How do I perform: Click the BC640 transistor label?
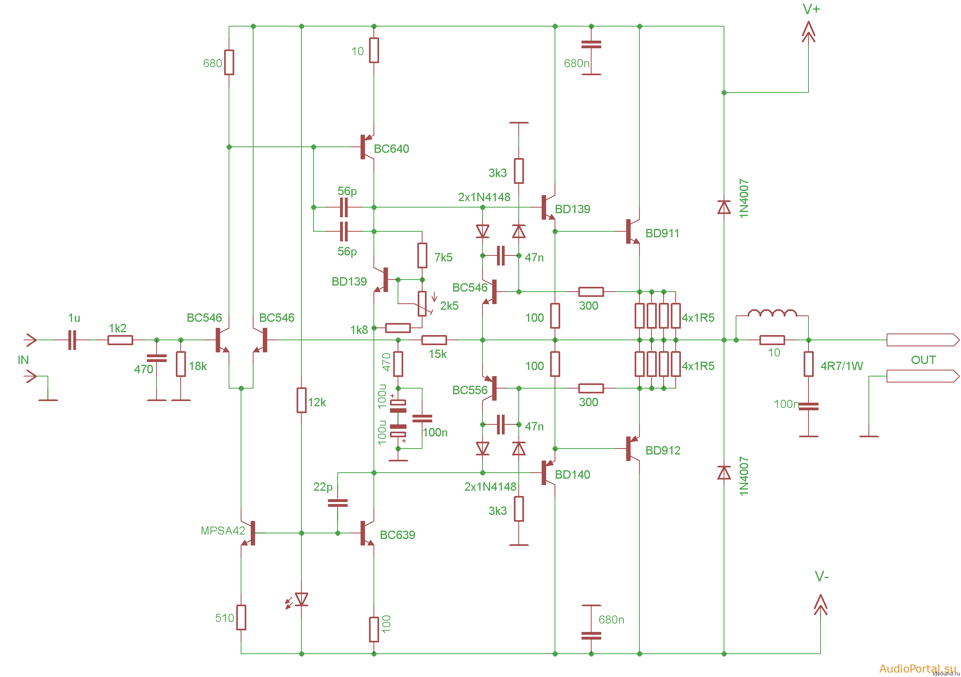(x=391, y=148)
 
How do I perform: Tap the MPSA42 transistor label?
(x=223, y=531)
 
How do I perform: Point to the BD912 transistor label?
(x=662, y=450)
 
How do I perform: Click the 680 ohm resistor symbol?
(x=229, y=62)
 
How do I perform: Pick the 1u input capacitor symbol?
(x=72, y=340)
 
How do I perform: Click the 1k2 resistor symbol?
(x=120, y=340)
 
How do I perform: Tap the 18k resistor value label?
(x=198, y=366)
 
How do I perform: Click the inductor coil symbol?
(x=772, y=313)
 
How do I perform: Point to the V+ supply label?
(x=811, y=9)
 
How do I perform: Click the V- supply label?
(x=822, y=576)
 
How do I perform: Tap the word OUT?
(x=923, y=360)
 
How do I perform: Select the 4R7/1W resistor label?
(x=841, y=366)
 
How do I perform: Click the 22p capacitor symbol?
(x=338, y=503)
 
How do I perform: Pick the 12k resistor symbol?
(x=301, y=400)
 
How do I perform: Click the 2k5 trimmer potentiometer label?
(x=449, y=305)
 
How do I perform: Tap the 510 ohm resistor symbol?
(x=241, y=617)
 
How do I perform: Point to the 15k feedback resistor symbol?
(x=434, y=340)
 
